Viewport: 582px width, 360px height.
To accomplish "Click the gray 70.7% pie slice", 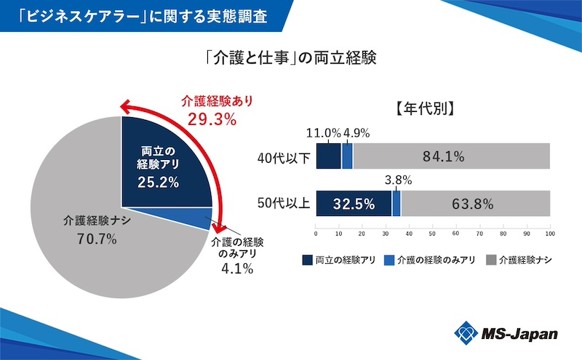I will pos(80,218).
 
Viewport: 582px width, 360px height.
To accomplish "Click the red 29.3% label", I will pos(212,119).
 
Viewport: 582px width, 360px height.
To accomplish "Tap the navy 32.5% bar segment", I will pos(354,203).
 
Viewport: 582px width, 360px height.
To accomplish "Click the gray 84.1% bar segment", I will pos(451,156).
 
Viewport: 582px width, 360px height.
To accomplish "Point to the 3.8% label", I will pos(398,180).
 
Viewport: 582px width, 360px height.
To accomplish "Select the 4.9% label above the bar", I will pos(356,133).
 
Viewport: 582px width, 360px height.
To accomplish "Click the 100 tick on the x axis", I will pos(550,234).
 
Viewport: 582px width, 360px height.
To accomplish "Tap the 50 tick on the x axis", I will pos(433,234).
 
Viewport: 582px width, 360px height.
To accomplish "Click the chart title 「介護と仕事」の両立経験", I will pos(290,58).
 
